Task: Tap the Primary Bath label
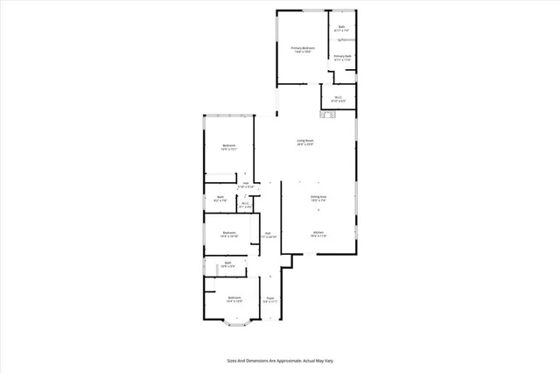(343, 58)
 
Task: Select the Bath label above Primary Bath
(343, 29)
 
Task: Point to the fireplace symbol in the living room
(328, 112)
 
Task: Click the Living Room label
(304, 142)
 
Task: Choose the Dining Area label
(318, 199)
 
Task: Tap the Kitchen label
(318, 234)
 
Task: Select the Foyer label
(270, 299)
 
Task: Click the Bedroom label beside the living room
(228, 147)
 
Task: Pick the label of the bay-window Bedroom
(234, 299)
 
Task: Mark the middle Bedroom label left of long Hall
(228, 234)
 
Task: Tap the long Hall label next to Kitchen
(270, 235)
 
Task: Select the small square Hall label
(246, 185)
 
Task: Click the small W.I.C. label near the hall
(246, 205)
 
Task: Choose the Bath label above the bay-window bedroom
(227, 264)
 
